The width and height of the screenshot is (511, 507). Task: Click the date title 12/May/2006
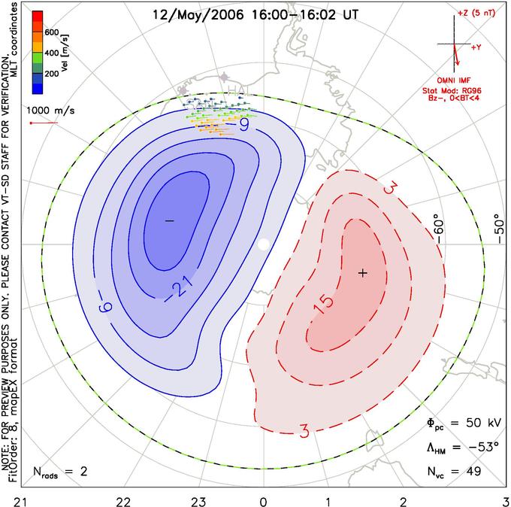[198, 15]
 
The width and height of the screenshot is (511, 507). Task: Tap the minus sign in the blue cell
[170, 221]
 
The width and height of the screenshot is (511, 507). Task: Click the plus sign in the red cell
[363, 273]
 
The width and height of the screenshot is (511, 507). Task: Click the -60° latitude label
[439, 231]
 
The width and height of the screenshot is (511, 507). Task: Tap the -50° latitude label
[499, 229]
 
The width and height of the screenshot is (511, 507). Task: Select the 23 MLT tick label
[198, 501]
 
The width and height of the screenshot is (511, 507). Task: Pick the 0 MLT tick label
[263, 501]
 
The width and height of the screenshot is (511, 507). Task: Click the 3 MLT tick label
[506, 501]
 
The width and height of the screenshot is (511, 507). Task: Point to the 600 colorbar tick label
[52, 32]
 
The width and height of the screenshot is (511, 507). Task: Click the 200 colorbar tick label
[52, 74]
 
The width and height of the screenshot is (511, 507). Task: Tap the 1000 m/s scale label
[50, 111]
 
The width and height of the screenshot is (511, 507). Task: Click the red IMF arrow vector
[456, 54]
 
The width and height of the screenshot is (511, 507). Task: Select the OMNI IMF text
[454, 80]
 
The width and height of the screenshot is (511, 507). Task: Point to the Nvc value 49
[473, 472]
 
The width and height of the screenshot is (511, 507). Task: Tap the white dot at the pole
[263, 244]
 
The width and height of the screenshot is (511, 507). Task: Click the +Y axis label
[476, 47]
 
